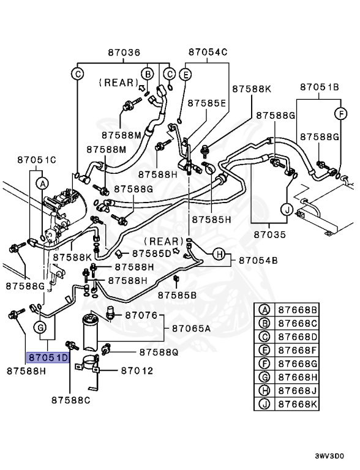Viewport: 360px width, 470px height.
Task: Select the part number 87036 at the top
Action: tap(124, 53)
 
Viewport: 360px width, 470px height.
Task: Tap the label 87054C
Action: tap(208, 53)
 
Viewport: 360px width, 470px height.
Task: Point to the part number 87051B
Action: tap(319, 88)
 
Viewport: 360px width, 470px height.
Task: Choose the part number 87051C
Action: tap(36, 160)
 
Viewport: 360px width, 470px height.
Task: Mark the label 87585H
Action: tap(210, 218)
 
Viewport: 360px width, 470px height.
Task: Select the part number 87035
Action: tap(270, 234)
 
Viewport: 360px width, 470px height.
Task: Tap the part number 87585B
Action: tap(177, 296)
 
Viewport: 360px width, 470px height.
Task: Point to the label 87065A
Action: tap(190, 329)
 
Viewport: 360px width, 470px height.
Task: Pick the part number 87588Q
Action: tap(158, 352)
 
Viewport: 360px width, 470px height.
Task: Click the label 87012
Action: tap(137, 371)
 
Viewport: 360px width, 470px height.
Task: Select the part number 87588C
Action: tap(70, 400)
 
